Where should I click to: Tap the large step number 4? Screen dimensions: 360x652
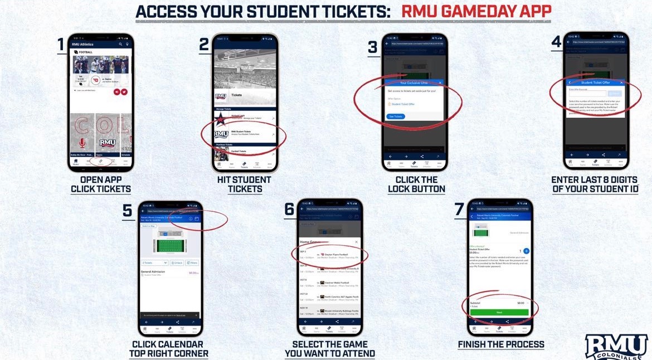[556, 42]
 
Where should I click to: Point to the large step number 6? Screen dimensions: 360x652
[289, 209]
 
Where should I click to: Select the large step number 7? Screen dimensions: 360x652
[459, 209]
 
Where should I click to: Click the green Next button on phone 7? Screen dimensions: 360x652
[499, 312]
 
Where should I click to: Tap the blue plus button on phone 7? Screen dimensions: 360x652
[527, 251]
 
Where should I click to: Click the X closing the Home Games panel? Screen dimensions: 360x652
[357, 242]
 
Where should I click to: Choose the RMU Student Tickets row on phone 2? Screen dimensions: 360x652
[244, 134]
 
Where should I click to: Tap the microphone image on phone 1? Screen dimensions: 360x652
[82, 143]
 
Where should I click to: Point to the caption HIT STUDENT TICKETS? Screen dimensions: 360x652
[244, 184]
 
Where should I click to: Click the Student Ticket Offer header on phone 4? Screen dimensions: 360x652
[595, 82]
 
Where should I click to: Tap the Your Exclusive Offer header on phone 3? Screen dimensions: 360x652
[413, 82]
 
